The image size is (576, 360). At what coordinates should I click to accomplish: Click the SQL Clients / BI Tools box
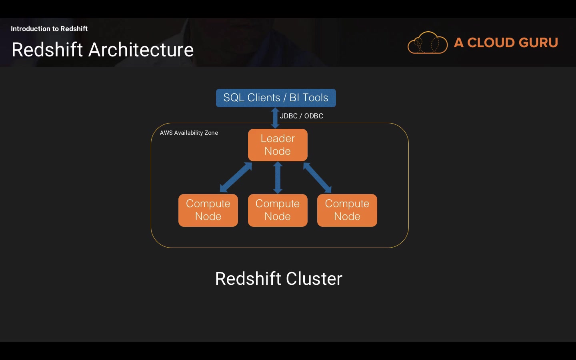[x=276, y=98]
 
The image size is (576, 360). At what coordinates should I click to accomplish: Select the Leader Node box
[x=278, y=145]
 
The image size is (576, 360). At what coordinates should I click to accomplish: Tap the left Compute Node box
[x=208, y=210]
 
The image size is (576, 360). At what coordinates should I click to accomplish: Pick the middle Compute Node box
[x=278, y=210]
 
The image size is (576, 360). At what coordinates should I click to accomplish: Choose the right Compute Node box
[x=347, y=210]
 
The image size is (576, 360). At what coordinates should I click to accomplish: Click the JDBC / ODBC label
[x=301, y=116]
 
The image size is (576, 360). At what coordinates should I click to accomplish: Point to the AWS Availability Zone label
[x=189, y=133]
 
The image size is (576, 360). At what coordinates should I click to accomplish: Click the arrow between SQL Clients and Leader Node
[x=275, y=118]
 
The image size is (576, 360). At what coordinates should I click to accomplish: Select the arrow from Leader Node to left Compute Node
[x=236, y=177]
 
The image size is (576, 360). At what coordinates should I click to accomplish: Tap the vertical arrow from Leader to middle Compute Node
[x=278, y=178]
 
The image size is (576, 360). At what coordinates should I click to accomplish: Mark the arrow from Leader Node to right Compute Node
[x=317, y=177]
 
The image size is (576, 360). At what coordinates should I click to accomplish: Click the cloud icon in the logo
[x=428, y=43]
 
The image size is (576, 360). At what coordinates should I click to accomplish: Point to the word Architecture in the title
[x=141, y=50]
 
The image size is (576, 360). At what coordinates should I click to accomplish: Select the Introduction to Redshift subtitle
[x=49, y=29]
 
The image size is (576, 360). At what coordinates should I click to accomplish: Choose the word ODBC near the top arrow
[x=314, y=116]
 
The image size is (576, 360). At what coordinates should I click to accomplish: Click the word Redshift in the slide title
[x=47, y=50]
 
